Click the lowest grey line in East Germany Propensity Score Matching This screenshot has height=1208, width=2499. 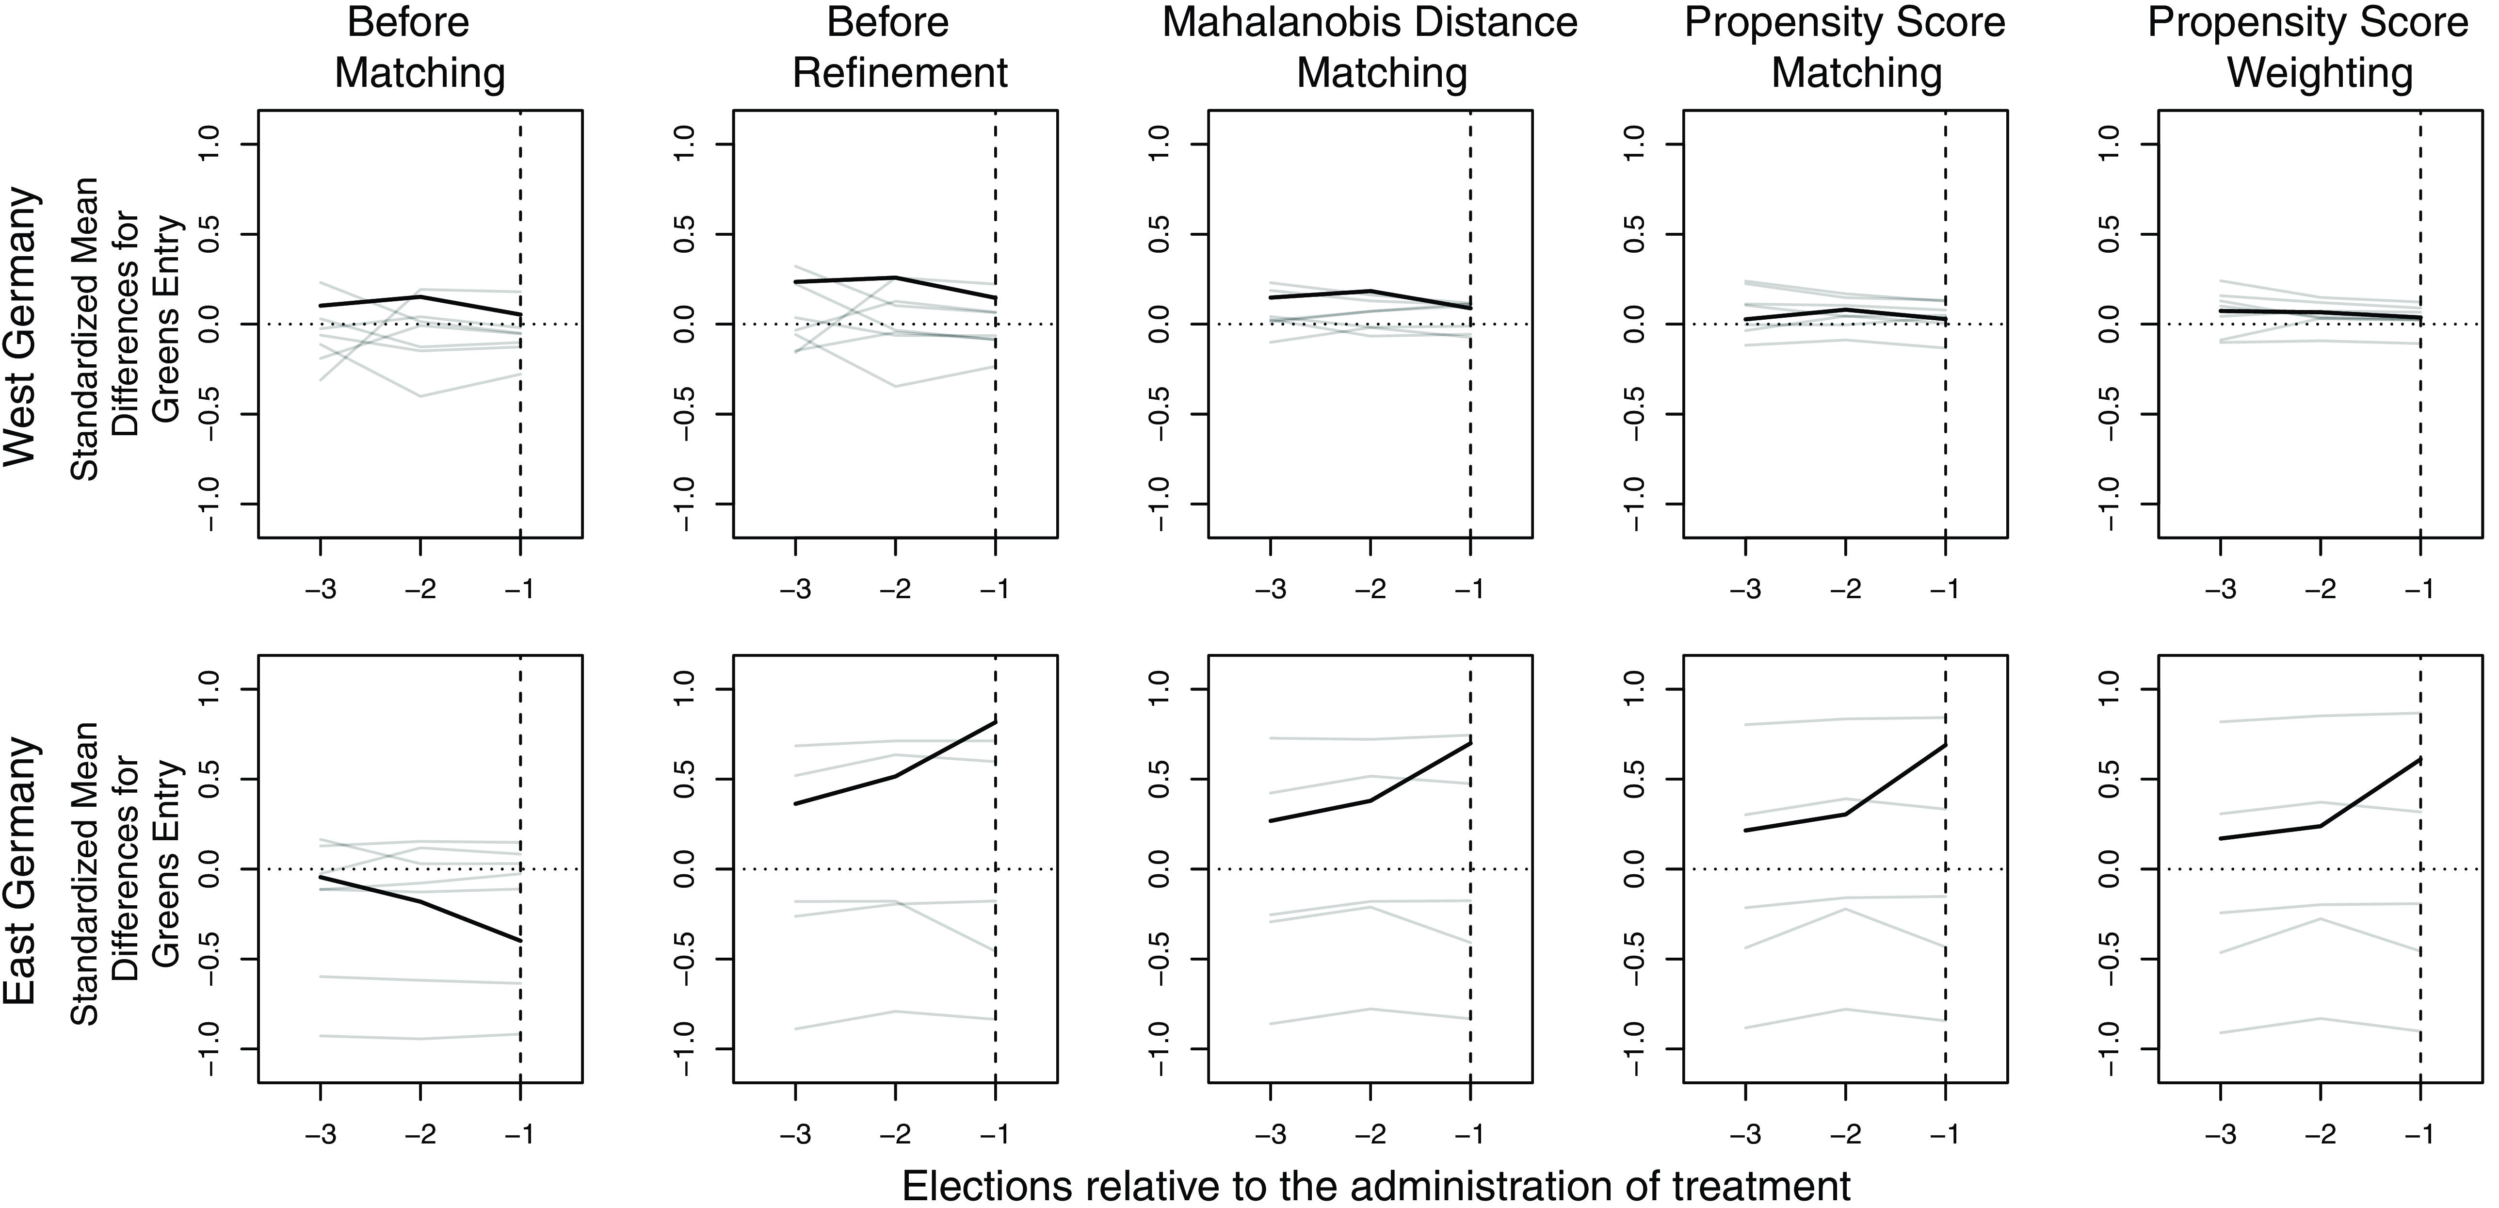[1845, 1009]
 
